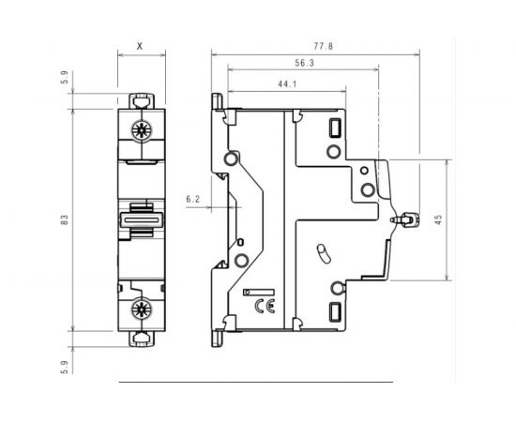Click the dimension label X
[140, 44]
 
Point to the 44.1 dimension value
[288, 84]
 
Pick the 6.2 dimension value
[194, 199]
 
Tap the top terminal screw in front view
[143, 130]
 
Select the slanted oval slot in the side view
[324, 254]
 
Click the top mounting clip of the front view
[142, 99]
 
